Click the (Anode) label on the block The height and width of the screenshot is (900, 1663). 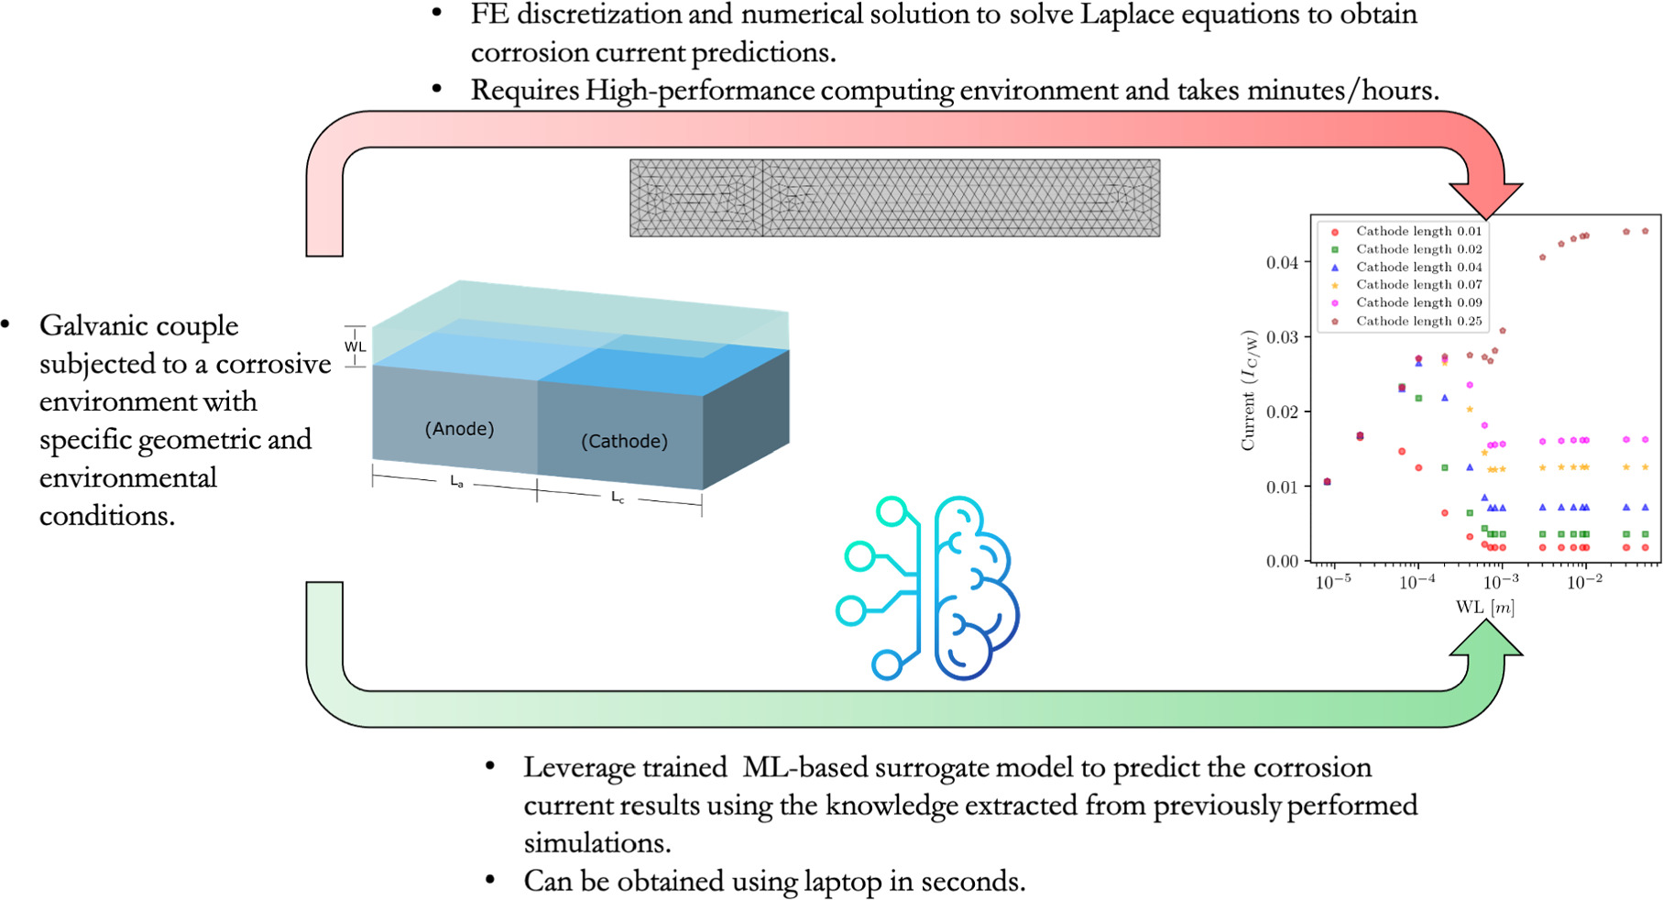click(459, 429)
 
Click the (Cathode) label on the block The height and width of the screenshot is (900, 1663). click(624, 442)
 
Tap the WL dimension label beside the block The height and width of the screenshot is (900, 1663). click(355, 346)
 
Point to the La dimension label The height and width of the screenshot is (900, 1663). click(456, 482)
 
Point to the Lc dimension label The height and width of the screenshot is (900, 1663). click(618, 498)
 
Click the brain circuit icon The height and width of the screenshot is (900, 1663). click(927, 587)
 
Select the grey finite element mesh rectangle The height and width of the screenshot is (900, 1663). click(894, 198)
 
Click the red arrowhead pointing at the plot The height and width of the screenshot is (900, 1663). click(1485, 197)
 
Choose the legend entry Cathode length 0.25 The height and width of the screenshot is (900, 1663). click(1418, 321)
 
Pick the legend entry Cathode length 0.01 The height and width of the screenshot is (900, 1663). click(1418, 231)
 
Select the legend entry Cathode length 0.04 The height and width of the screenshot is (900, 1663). click(1418, 267)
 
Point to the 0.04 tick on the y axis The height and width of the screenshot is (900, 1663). click(1282, 263)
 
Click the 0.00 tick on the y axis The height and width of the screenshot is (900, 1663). click(1282, 561)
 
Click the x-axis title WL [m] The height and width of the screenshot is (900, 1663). click(1484, 608)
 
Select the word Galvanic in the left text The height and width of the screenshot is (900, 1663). click(91, 326)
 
